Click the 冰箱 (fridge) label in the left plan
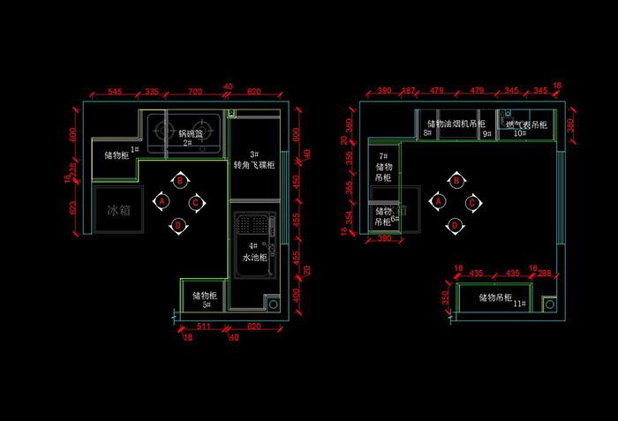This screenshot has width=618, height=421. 117,210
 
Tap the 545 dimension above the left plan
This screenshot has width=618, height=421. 115,92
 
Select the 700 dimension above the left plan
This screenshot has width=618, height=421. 195,92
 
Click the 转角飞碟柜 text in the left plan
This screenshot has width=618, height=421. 254,165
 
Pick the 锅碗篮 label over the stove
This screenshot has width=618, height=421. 191,133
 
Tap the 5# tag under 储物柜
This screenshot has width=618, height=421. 206,305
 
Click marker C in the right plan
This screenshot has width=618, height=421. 472,203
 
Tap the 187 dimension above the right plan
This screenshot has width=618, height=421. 408,91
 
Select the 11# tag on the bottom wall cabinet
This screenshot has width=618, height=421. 520,304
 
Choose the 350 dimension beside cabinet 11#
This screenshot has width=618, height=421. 447,298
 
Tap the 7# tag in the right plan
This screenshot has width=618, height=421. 384,155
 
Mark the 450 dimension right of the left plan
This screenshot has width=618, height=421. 296,183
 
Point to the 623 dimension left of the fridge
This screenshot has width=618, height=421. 73,210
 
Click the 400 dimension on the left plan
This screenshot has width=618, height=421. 297,294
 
